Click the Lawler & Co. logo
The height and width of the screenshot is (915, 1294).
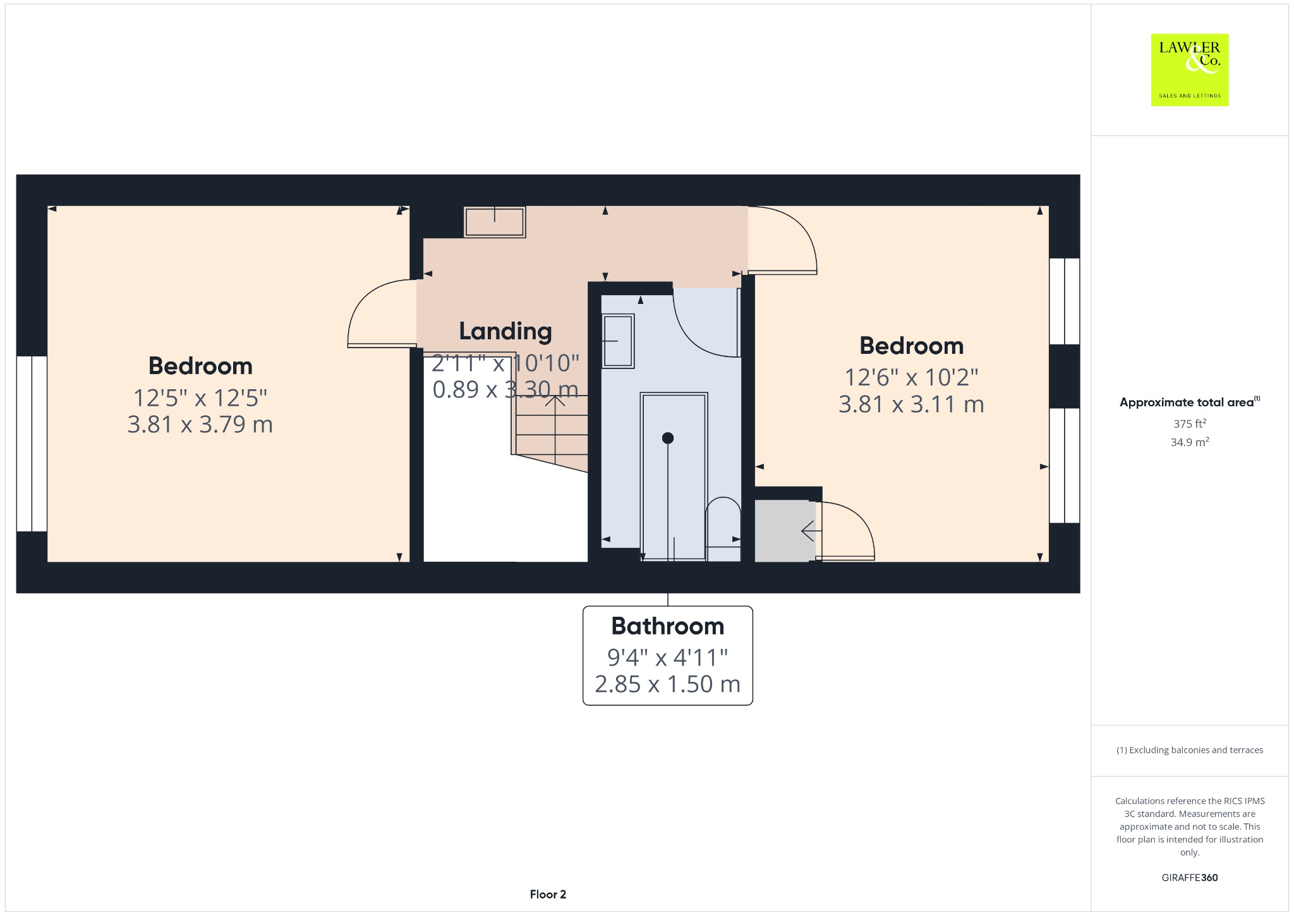point(1189,70)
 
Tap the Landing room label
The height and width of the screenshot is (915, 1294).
point(505,331)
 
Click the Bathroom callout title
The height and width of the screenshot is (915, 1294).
point(667,626)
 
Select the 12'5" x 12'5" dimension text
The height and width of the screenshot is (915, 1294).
point(200,398)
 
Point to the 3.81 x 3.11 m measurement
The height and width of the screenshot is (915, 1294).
point(910,404)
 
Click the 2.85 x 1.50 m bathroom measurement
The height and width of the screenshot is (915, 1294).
point(667,684)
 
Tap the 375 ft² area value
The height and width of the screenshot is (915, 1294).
point(1189,424)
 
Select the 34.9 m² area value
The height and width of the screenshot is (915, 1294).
point(1189,442)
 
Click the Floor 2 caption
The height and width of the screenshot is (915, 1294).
point(548,894)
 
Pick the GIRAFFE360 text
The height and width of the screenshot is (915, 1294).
point(1189,878)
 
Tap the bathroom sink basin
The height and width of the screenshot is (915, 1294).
point(618,341)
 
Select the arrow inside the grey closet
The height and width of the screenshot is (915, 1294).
point(807,531)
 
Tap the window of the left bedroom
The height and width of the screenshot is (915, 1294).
point(32,444)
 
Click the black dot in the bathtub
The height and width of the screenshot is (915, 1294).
point(668,438)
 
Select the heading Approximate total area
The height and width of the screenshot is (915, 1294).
point(1186,403)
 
